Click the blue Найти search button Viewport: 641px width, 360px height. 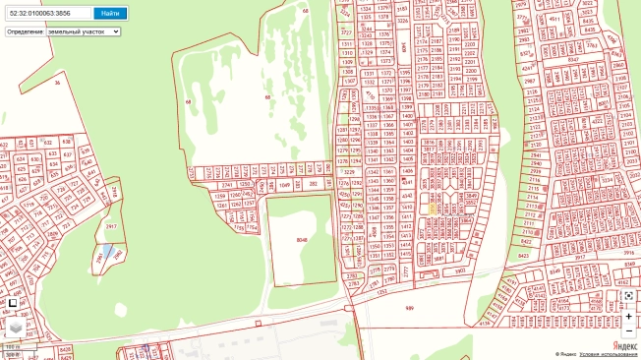click(x=110, y=13)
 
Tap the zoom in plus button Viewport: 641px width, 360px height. click(x=629, y=317)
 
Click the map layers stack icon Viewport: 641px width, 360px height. click(x=16, y=326)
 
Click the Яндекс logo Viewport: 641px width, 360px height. click(x=624, y=345)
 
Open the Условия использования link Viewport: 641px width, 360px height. click(x=608, y=354)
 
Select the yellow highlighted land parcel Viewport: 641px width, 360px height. click(x=433, y=208)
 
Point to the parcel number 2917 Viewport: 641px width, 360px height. click(x=111, y=226)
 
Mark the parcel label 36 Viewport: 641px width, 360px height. click(x=57, y=83)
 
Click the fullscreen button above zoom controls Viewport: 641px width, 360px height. click(x=629, y=295)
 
